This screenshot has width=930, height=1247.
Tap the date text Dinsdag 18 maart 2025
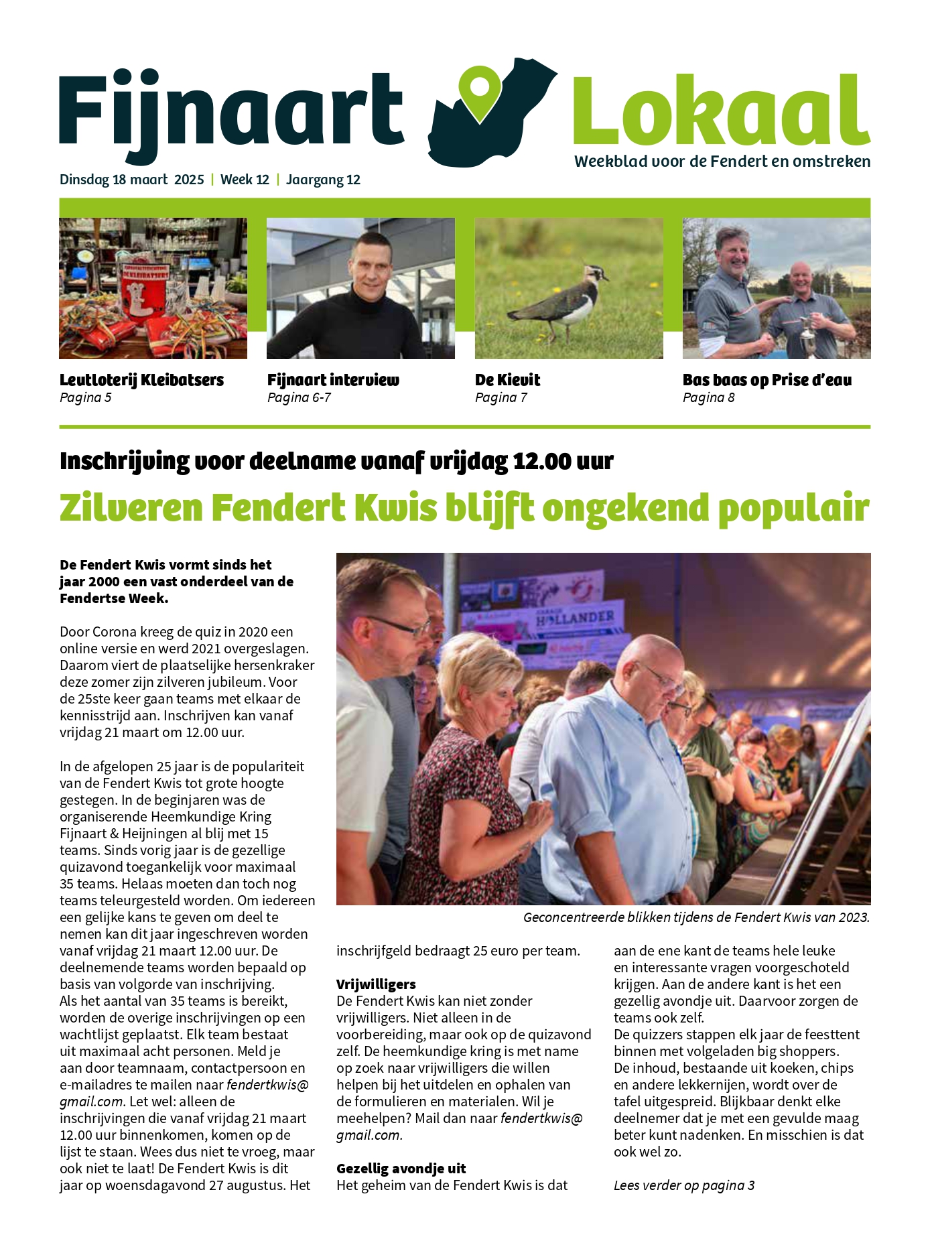131,180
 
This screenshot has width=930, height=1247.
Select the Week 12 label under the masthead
245,180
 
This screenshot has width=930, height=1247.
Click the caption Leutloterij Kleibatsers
141,380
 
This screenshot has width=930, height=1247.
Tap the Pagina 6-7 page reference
299,398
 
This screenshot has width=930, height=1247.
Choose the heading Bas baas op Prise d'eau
767,380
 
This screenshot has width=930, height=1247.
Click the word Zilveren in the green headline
131,509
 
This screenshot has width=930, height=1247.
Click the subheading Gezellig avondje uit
401,1169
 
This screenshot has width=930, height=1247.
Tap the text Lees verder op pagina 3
684,1185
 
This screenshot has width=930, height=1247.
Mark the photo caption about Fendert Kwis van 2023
696,917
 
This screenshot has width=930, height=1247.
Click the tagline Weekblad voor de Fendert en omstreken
722,161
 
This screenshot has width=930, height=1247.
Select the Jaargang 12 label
323,180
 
